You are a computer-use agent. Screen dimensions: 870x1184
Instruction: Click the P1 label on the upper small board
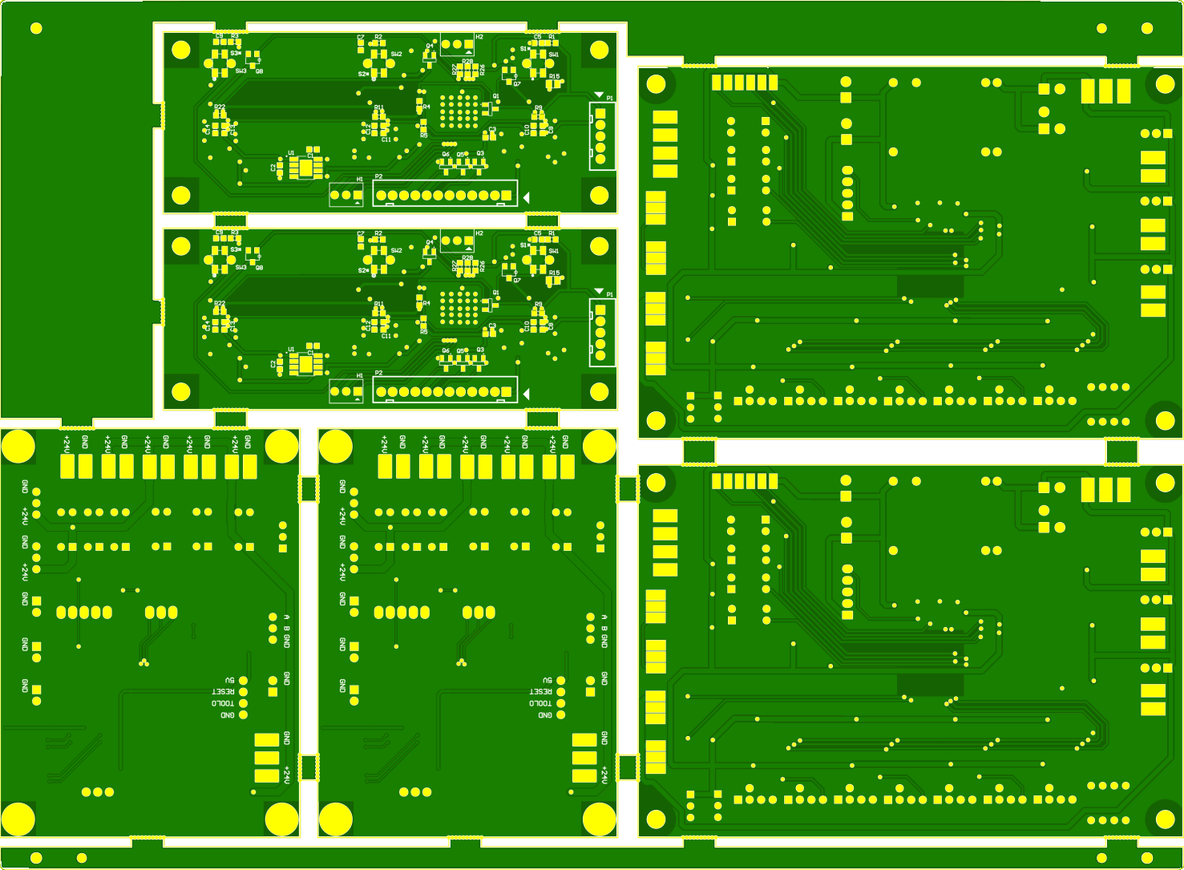click(x=610, y=98)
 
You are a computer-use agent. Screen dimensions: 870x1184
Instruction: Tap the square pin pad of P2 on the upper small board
click(x=507, y=196)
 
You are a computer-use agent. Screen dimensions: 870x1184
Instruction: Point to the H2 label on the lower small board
click(x=479, y=233)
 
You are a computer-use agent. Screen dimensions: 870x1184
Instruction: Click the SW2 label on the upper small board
click(x=396, y=55)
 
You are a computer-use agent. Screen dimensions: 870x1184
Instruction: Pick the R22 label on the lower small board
click(x=220, y=303)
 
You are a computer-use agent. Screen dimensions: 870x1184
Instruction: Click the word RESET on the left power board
click(x=223, y=691)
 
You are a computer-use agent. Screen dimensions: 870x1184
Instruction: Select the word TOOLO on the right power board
click(x=540, y=703)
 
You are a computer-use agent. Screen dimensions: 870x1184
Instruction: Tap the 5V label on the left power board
click(x=229, y=680)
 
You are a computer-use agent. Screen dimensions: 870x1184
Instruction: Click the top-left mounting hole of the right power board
click(x=335, y=447)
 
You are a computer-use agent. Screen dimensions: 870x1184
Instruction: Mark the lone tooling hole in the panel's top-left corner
click(x=36, y=28)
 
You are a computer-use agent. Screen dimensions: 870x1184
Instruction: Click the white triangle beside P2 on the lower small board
click(x=527, y=393)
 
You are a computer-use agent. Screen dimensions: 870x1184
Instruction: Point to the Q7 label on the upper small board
click(x=517, y=83)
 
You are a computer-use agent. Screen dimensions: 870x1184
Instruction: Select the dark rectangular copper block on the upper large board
click(x=929, y=286)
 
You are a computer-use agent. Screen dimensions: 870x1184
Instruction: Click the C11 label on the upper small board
click(x=386, y=140)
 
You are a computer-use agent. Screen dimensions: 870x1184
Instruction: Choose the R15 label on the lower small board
click(x=554, y=273)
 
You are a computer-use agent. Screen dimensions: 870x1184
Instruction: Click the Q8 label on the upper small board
click(x=259, y=71)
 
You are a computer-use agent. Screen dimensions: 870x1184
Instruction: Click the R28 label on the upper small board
click(x=467, y=62)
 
